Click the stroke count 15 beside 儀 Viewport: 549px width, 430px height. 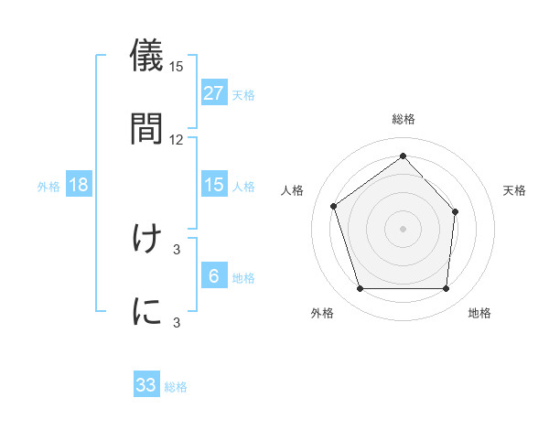point(177,67)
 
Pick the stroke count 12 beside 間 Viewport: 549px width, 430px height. point(177,139)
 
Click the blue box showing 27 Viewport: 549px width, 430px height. point(214,93)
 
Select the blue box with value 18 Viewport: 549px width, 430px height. point(79,185)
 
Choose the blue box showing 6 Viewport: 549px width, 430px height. point(214,276)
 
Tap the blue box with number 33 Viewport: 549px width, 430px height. point(146,385)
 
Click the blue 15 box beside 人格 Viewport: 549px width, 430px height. point(214,185)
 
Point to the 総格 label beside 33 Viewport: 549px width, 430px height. point(176,387)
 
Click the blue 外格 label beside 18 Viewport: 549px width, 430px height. point(48,187)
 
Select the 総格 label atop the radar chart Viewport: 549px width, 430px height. point(403,119)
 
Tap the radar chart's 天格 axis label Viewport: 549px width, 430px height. point(514,190)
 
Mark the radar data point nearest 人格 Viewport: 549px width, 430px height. point(334,206)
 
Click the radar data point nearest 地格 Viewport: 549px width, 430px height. point(446,289)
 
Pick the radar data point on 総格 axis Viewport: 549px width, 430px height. point(403,156)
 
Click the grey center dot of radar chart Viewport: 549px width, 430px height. point(403,228)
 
